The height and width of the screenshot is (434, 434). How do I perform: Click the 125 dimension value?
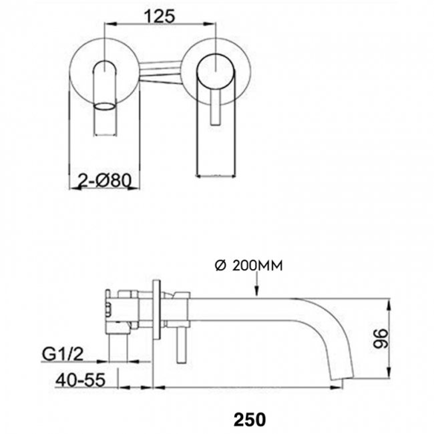coord(160,16)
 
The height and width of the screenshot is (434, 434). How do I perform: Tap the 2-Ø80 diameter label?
coord(105,182)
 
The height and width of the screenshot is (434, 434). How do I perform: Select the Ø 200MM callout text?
coord(249,266)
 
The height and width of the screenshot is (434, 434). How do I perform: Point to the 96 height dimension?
coord(381,339)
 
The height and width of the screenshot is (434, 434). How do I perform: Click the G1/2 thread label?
coord(63,354)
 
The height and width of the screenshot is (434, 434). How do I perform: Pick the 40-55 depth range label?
coord(80,380)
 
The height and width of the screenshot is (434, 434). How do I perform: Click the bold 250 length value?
coord(250,419)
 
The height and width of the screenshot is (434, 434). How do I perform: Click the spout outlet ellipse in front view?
coord(105,107)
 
